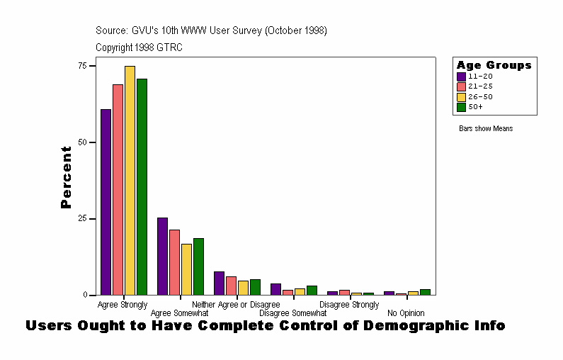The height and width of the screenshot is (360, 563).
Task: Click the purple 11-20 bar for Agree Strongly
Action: click(x=106, y=202)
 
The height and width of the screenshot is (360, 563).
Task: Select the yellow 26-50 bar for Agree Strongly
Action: click(x=130, y=180)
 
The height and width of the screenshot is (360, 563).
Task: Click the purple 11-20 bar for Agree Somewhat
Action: click(x=162, y=256)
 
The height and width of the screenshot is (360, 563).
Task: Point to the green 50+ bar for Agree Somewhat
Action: click(x=198, y=266)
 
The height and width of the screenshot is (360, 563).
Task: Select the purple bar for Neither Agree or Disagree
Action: click(x=219, y=283)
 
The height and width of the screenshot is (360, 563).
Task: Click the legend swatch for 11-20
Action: click(x=461, y=76)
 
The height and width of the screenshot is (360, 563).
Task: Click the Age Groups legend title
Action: click(x=494, y=65)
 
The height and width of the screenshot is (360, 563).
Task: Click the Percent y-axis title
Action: click(x=66, y=177)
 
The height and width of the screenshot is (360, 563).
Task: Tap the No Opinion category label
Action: click(x=406, y=313)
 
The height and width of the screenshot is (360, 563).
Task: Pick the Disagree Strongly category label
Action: click(x=348, y=305)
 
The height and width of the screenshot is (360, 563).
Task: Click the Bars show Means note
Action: click(x=486, y=128)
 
